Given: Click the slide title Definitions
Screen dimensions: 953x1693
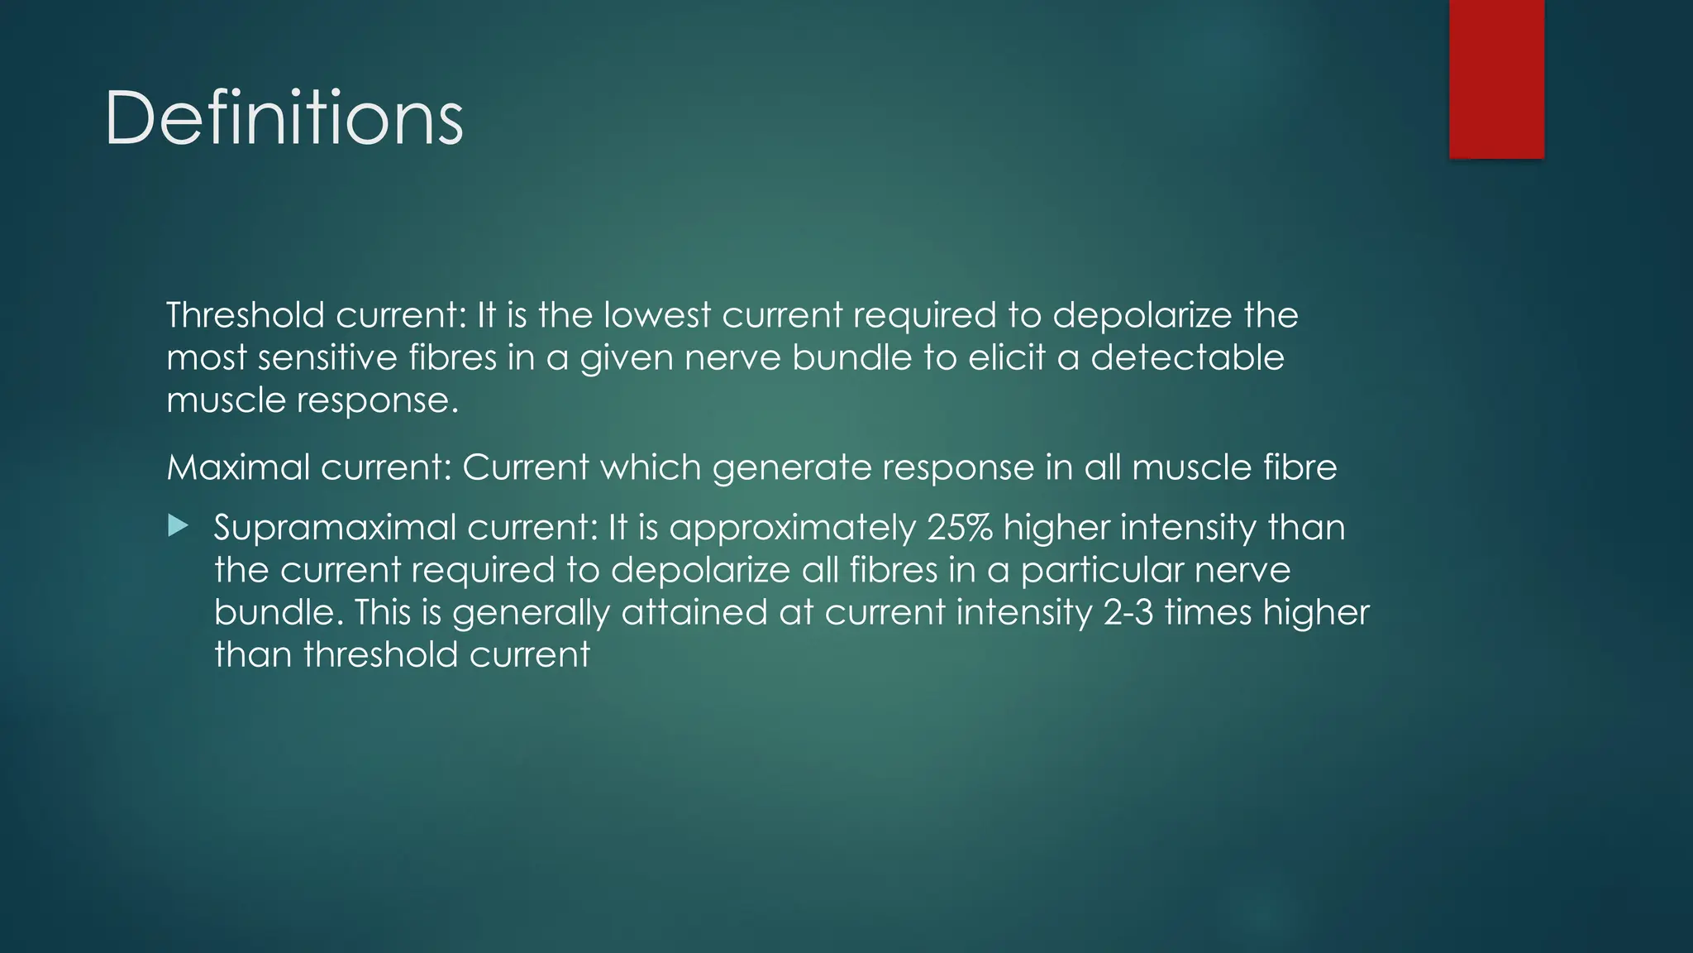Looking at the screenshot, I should point(284,118).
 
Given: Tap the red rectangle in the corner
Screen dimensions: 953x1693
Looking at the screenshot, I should point(1496,79).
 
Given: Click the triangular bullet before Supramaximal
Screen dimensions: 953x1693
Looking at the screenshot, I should point(178,525).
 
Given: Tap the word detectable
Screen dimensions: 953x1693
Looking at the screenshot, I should point(1187,357).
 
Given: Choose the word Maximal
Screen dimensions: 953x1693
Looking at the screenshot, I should point(237,467).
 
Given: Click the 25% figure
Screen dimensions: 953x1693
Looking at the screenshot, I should point(960,528).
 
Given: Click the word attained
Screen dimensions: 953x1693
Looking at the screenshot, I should point(694,612).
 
